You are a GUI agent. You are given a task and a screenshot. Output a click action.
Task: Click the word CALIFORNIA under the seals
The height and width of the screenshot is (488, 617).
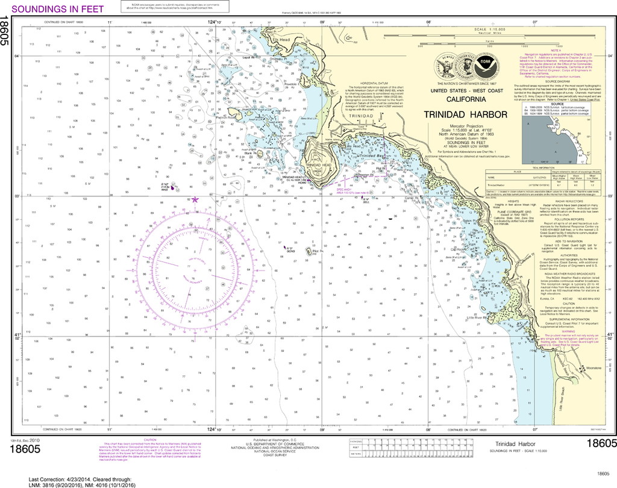(465, 99)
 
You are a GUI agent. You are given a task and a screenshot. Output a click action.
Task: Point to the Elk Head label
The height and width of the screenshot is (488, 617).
(281, 40)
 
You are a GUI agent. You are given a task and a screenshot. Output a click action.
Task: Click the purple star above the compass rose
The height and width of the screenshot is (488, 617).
(194, 199)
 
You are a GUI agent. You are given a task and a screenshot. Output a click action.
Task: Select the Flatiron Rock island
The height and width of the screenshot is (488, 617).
(234, 113)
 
